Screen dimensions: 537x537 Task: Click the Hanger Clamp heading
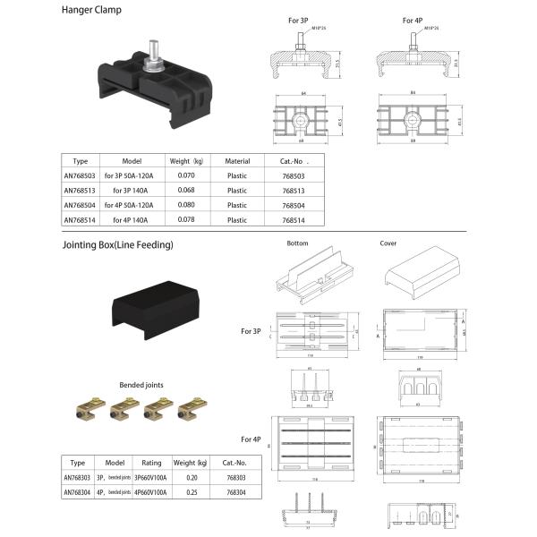[91, 12]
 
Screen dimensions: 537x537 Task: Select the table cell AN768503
[80, 176]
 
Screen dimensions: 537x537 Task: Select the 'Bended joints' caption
[139, 385]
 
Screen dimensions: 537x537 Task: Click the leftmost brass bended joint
[83, 410]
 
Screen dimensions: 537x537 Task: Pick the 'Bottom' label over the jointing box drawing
[297, 243]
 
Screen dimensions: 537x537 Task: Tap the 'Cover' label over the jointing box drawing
[389, 243]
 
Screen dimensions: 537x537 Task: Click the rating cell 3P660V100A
[152, 478]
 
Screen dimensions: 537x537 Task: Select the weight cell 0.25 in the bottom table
[192, 492]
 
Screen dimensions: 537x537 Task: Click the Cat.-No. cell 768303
[236, 478]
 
